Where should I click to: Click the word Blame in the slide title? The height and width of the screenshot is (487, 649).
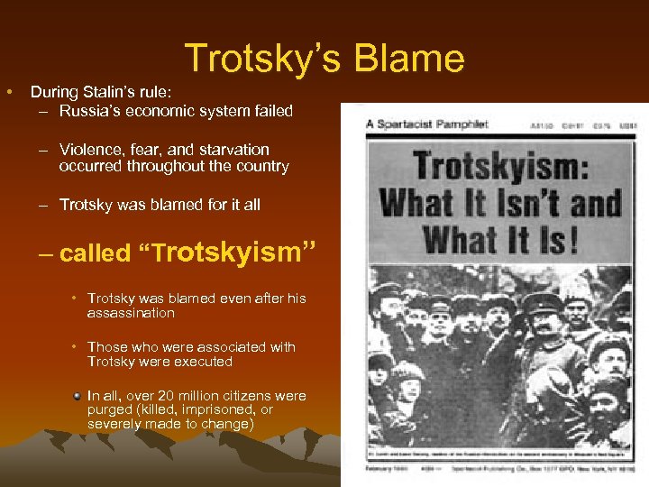[x=408, y=60]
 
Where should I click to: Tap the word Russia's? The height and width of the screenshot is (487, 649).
[x=87, y=111]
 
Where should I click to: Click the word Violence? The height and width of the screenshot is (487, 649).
[x=89, y=149]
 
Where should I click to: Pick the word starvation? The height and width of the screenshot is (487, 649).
[x=232, y=149]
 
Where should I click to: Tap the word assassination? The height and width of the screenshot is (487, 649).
[x=131, y=313]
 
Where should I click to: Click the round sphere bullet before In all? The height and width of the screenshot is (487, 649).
[x=78, y=396]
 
